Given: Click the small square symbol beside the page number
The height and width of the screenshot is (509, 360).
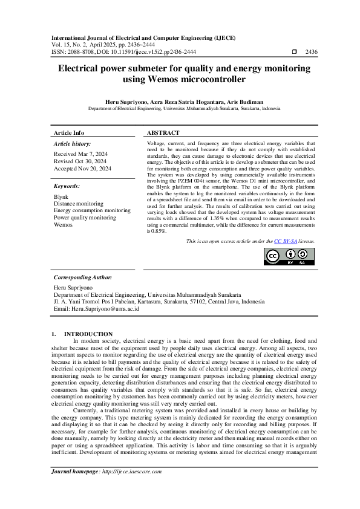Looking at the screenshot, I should point(295,52).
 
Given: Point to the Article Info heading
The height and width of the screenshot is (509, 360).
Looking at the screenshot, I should point(69,132).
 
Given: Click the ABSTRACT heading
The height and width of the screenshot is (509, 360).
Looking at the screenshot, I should point(163,132).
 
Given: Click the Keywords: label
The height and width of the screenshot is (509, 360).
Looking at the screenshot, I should point(67,187).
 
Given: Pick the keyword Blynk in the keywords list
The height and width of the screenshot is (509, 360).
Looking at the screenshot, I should point(61,197).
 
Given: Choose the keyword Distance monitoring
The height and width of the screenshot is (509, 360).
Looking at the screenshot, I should point(79,204).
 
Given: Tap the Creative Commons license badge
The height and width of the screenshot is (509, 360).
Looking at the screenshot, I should point(289,256).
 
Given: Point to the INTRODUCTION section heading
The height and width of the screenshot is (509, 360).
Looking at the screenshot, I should point(88,334).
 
